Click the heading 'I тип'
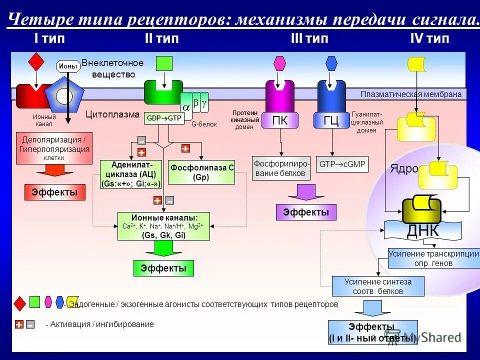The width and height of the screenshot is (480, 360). (49, 38)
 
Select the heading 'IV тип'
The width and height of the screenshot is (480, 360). (429, 38)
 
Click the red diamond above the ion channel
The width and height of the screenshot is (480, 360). (36, 61)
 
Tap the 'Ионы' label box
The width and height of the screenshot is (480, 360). (68, 66)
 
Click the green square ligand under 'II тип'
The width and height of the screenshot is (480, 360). (164, 63)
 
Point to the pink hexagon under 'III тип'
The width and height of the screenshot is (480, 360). (279, 63)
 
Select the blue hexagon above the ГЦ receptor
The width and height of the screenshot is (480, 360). (331, 63)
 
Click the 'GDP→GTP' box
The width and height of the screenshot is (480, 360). (164, 118)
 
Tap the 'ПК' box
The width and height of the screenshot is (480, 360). (279, 120)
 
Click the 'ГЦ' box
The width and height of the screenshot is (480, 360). (331, 120)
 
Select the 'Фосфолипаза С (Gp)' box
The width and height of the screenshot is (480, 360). (202, 172)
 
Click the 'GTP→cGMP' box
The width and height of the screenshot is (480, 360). (342, 164)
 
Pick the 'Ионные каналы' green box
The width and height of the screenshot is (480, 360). (163, 226)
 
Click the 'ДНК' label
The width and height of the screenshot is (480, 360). (422, 230)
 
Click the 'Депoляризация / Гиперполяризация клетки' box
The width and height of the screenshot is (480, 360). (54, 148)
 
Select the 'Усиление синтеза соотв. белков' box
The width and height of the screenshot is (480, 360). (378, 286)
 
